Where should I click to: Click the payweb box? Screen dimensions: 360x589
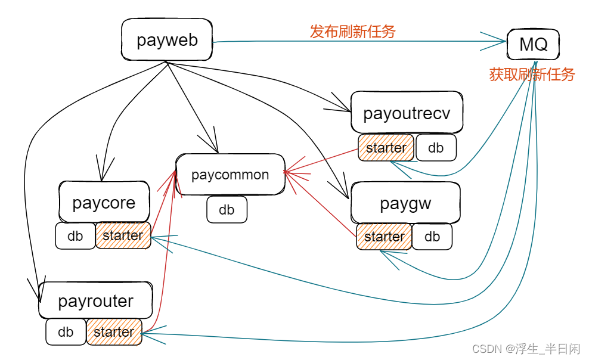point(167,40)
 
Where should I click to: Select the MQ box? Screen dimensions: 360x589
point(533,44)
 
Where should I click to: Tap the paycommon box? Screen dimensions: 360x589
point(230,175)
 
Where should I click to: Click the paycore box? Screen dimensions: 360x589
point(104,203)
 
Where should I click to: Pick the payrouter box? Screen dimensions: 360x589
point(95,301)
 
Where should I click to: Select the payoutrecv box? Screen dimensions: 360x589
point(407,113)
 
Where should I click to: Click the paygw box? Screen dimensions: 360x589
point(405,203)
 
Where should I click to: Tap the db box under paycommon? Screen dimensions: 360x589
point(227,210)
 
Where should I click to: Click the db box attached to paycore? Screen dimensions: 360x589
point(75,235)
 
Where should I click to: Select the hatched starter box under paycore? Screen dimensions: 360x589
point(123,235)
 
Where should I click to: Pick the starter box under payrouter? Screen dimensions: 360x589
point(114,331)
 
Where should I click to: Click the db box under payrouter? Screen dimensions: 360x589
point(66,331)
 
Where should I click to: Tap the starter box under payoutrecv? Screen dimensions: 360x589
point(386,148)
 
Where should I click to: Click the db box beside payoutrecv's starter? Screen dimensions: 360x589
point(436,148)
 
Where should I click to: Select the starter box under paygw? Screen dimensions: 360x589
point(384,237)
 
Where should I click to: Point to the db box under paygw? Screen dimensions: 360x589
point(432,237)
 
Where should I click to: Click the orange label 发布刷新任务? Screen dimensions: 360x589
point(352,32)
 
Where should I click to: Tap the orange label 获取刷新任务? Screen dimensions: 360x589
point(532,75)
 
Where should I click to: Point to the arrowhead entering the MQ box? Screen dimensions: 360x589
point(500,41)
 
